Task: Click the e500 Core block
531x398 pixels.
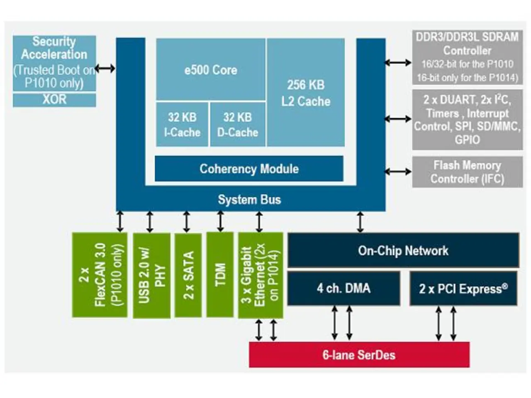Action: pyautogui.click(x=211, y=70)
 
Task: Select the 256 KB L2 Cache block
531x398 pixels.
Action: pyautogui.click(x=306, y=92)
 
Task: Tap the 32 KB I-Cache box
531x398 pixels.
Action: pyautogui.click(x=182, y=124)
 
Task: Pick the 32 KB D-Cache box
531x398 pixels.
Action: pyautogui.click(x=238, y=124)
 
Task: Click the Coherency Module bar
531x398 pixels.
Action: pyautogui.click(x=249, y=169)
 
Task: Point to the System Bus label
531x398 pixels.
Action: pyautogui.click(x=249, y=200)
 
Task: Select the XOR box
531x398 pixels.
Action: pyautogui.click(x=54, y=100)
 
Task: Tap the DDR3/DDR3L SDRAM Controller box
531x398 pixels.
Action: pyautogui.click(x=467, y=57)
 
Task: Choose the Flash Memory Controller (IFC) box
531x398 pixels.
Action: pyautogui.click(x=467, y=172)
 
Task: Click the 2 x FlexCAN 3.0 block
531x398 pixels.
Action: pyautogui.click(x=100, y=275)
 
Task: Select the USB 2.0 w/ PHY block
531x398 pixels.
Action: pyautogui.click(x=151, y=276)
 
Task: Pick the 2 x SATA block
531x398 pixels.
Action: pyautogui.click(x=188, y=275)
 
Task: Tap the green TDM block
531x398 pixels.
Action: pyautogui.click(x=220, y=274)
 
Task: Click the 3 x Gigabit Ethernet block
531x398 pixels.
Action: pyautogui.click(x=261, y=276)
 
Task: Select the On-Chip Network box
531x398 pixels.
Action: pyautogui.click(x=403, y=250)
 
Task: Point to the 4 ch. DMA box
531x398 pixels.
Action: pyautogui.click(x=343, y=289)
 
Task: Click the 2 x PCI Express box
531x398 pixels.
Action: pyautogui.click(x=463, y=289)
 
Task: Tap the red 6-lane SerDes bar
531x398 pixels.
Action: pyautogui.click(x=359, y=355)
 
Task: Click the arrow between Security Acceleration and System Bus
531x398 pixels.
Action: pyautogui.click(x=105, y=68)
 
